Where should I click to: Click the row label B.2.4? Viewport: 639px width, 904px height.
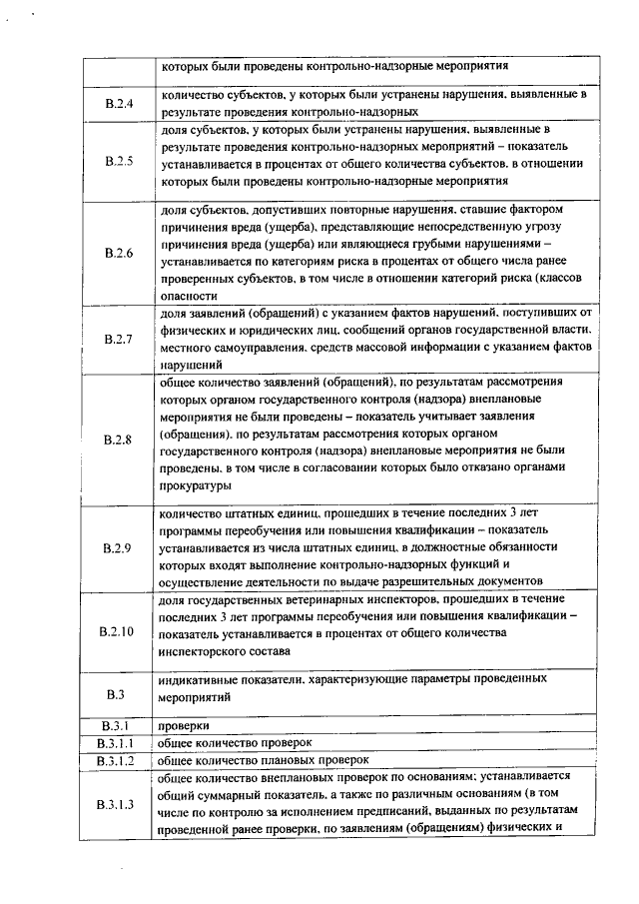[x=118, y=104]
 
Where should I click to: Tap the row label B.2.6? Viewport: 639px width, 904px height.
[x=118, y=253]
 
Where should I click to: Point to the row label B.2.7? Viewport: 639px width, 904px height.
[x=118, y=340]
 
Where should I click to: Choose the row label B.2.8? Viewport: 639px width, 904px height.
[x=118, y=439]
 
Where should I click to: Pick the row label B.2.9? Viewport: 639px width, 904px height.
[x=118, y=547]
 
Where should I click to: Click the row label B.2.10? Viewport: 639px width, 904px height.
[x=118, y=631]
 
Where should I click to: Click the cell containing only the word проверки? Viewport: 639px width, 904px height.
[x=183, y=725]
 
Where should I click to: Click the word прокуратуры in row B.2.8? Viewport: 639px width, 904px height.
[x=195, y=485]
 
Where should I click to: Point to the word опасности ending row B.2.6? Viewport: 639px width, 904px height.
[x=187, y=297]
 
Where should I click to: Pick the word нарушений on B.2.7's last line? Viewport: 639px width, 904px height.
[x=186, y=365]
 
